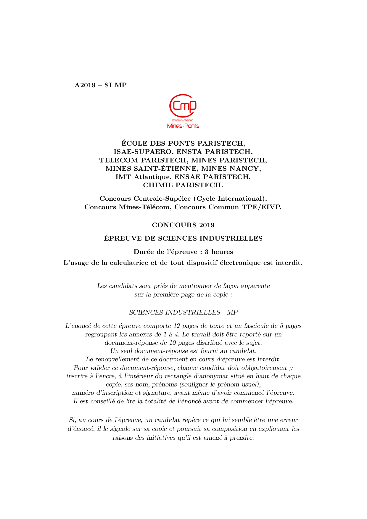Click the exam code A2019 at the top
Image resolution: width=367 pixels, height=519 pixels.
pos(85,85)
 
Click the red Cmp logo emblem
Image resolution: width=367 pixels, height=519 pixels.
pos(183,106)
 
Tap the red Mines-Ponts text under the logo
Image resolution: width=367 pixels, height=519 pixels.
pos(183,126)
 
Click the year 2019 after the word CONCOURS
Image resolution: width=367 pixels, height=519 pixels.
pos(207,225)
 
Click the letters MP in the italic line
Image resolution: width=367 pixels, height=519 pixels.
pos(232,312)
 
